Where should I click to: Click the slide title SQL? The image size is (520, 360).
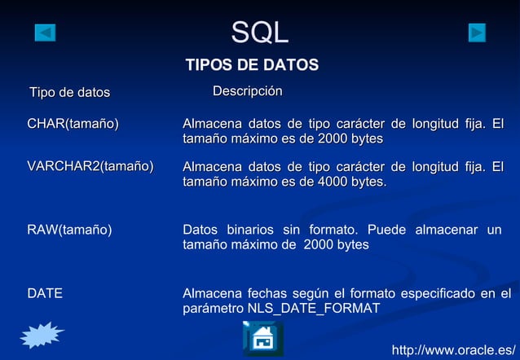click(259, 33)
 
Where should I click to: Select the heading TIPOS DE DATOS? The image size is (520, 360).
click(252, 65)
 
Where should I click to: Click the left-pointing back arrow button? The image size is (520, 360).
click(46, 33)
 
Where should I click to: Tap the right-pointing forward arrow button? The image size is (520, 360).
click(477, 33)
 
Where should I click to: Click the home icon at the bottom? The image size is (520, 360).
click(262, 338)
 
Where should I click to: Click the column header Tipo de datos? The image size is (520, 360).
click(69, 93)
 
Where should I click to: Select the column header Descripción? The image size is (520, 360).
click(247, 91)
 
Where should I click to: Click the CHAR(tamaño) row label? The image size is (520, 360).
click(73, 124)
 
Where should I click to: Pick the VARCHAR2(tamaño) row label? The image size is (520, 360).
click(90, 167)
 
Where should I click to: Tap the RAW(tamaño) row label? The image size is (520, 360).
click(69, 230)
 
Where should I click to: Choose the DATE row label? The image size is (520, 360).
click(45, 293)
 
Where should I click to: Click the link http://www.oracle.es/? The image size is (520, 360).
click(455, 350)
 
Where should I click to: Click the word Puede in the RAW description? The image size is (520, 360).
click(386, 230)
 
